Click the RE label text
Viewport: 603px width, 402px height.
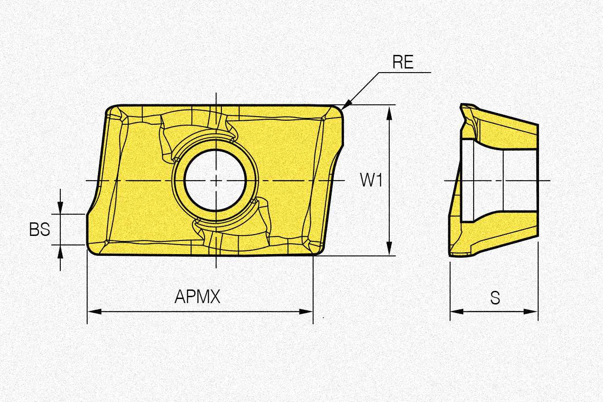[x=403, y=62]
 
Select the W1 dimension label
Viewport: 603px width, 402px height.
[x=371, y=180]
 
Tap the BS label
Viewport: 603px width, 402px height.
[x=39, y=230]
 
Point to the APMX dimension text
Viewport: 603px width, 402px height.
[x=197, y=297]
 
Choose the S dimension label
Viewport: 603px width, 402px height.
[x=495, y=298]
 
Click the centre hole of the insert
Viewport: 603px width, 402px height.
[x=215, y=180]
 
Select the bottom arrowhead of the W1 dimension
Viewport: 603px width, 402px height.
[x=389, y=248]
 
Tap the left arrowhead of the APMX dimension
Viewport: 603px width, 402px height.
[x=94, y=312]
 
